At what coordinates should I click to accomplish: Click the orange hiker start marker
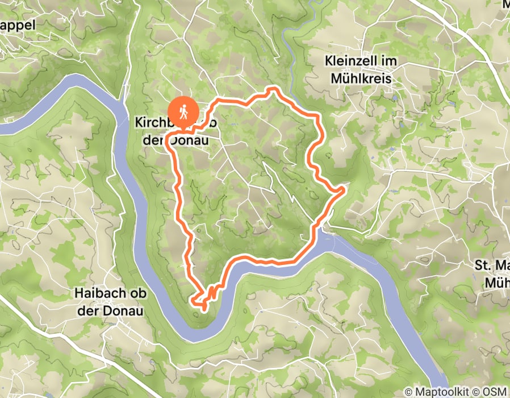pyautogui.click(x=183, y=110)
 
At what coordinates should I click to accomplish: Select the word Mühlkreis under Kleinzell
pyautogui.click(x=359, y=79)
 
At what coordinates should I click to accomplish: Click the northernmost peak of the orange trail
pyautogui.click(x=274, y=89)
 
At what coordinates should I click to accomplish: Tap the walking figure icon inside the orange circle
pyautogui.click(x=183, y=110)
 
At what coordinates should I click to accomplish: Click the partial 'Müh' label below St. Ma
pyautogui.click(x=497, y=283)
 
